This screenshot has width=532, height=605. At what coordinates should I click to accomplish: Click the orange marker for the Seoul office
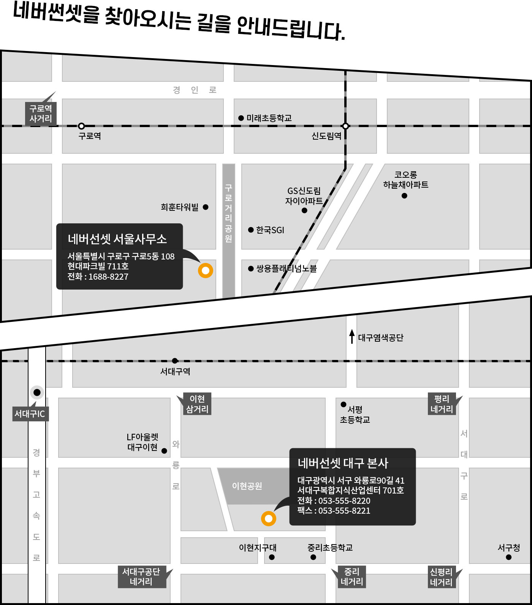(x=206, y=271)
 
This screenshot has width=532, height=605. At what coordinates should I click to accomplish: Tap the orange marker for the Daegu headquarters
(x=269, y=518)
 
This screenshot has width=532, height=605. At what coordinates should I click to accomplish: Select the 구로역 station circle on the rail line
(x=81, y=126)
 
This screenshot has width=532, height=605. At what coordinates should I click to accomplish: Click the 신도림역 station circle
(x=345, y=126)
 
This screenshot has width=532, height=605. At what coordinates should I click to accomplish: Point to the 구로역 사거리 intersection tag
(x=41, y=113)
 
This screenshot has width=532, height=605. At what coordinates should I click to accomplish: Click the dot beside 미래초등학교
(x=241, y=118)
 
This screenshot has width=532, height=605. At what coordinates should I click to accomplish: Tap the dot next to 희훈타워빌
(x=206, y=207)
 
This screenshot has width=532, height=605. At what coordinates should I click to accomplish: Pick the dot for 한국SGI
(x=251, y=230)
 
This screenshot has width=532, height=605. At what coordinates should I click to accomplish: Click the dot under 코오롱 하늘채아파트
(x=404, y=196)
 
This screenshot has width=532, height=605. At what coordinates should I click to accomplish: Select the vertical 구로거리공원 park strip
(x=228, y=230)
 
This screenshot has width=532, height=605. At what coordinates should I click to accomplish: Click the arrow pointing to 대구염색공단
(x=352, y=336)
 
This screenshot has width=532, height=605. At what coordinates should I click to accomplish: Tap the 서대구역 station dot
(x=175, y=361)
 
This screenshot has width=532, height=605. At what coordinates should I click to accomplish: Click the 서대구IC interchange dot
(x=37, y=392)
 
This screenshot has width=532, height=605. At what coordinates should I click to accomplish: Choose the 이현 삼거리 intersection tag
(x=197, y=404)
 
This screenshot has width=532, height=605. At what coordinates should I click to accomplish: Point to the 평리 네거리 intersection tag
(x=442, y=404)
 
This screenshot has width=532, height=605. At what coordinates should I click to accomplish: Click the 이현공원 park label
(x=247, y=486)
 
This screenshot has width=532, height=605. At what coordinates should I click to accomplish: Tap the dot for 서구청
(x=509, y=557)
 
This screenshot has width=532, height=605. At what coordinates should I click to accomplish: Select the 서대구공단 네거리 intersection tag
(x=141, y=576)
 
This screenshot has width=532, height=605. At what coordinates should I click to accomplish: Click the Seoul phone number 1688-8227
(x=108, y=277)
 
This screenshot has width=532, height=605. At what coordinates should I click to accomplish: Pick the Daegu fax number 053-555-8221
(x=344, y=511)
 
